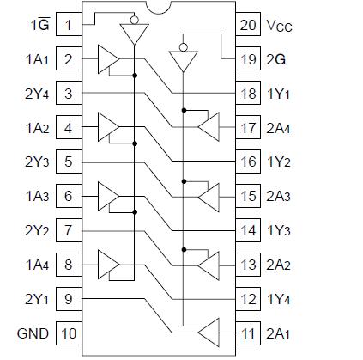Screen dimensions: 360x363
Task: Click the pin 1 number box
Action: coord(67,24)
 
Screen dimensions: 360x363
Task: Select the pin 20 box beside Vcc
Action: coord(248,24)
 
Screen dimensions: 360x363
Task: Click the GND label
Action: coord(33,333)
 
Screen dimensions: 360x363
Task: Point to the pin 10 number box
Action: coord(67,333)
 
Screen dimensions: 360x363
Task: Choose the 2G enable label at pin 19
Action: coord(276,58)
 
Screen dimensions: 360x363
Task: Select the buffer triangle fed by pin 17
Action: coord(208,128)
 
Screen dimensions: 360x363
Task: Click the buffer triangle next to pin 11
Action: coord(208,333)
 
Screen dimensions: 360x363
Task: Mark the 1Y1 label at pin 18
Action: coord(279,94)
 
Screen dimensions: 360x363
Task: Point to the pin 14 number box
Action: coord(248,230)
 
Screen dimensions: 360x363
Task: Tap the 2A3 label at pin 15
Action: coord(279,196)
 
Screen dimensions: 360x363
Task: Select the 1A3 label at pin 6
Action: coord(36,196)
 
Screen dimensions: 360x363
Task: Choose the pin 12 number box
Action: coord(248,298)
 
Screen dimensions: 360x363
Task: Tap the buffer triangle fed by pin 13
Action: coord(208,265)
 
